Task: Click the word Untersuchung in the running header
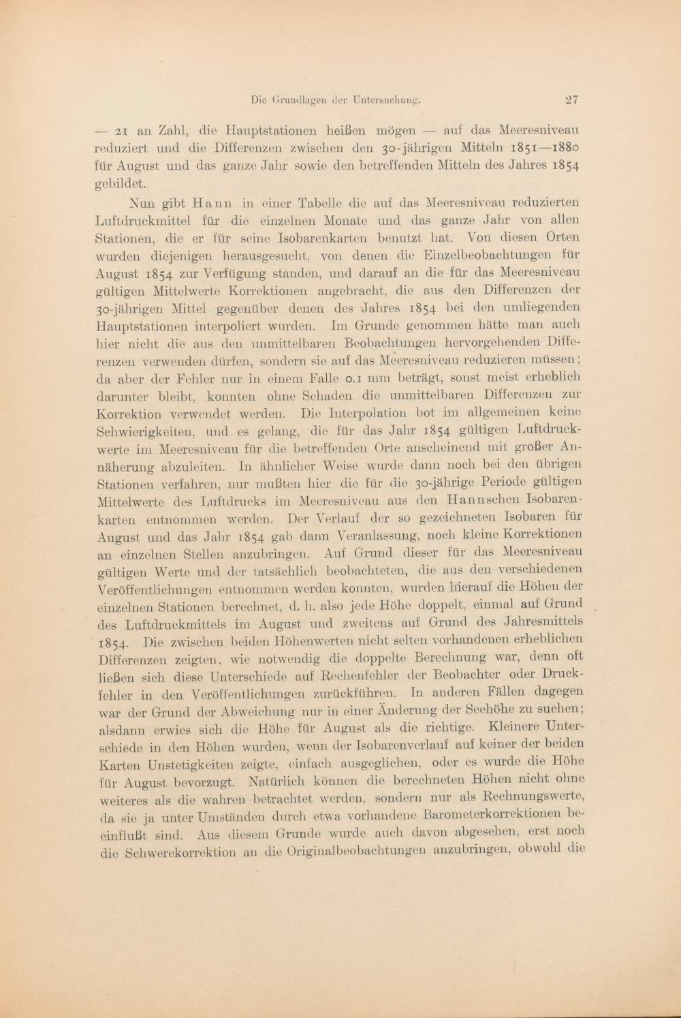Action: tap(385, 100)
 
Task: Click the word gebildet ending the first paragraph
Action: tap(121, 184)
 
